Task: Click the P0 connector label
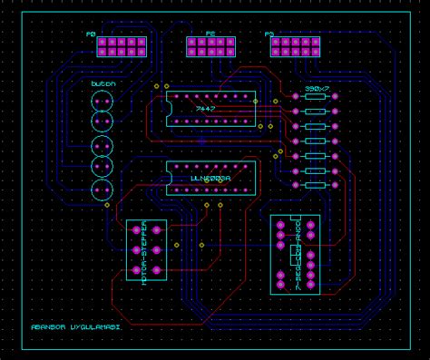pyautogui.click(x=91, y=34)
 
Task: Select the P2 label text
pyautogui.click(x=210, y=34)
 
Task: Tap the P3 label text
pyautogui.click(x=269, y=34)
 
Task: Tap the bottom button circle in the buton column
pyautogui.click(x=102, y=190)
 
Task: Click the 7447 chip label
pyautogui.click(x=208, y=108)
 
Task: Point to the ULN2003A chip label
pyautogui.click(x=211, y=180)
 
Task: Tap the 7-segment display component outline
pyautogui.click(x=295, y=254)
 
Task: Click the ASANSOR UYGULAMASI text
pyautogui.click(x=76, y=326)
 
